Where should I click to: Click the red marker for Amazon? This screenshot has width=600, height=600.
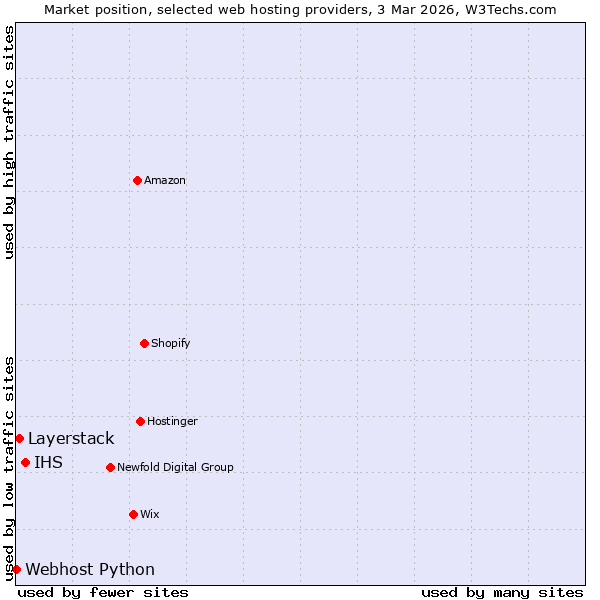(137, 180)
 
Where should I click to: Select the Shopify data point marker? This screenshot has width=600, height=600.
(144, 343)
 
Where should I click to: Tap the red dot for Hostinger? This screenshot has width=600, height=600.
(140, 421)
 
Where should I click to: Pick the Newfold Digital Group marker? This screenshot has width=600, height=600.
(110, 467)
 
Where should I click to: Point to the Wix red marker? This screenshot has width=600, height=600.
(133, 514)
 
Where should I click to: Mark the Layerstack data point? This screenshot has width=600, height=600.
(19, 438)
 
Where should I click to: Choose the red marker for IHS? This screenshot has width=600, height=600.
(25, 462)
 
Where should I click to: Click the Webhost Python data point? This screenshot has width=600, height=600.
(16, 569)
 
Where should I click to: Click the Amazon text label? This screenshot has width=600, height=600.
(165, 181)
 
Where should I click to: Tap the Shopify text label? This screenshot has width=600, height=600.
(170, 344)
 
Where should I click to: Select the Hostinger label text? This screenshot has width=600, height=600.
(172, 422)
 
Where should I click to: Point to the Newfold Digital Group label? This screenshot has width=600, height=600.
(175, 468)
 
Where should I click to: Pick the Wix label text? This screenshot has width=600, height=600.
(149, 515)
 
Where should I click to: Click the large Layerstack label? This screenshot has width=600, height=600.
(71, 439)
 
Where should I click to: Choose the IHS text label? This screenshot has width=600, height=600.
(48, 463)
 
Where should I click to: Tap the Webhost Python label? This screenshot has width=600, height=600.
(90, 570)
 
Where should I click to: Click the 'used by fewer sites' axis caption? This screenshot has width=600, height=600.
(103, 592)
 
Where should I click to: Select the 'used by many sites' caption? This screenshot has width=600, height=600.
(502, 592)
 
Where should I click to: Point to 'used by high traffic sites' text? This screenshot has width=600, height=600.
(9, 142)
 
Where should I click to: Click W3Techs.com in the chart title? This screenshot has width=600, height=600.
(514, 9)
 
